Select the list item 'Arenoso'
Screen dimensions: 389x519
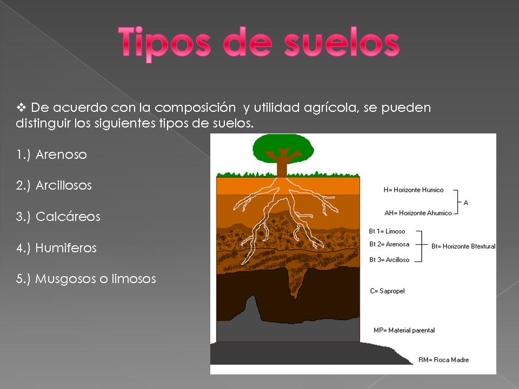[61, 155]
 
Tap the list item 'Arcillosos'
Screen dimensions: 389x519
[64, 186]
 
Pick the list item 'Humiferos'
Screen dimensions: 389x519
[66, 249]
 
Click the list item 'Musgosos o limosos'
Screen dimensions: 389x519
[96, 279]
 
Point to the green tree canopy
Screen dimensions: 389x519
[283, 146]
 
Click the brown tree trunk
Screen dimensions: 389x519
[282, 166]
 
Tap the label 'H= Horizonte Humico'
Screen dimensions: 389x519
[413, 190]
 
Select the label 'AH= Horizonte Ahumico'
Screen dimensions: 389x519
[418, 213]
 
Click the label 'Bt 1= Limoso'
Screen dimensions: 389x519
[387, 231]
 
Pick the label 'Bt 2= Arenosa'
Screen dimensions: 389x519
[389, 244]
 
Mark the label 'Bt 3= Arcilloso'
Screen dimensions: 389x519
[389, 260]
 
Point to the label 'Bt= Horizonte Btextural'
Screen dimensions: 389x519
[463, 246]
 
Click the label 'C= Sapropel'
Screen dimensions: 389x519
[387, 291]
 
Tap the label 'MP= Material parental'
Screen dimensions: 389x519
[404, 330]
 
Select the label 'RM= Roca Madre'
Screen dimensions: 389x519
[443, 360]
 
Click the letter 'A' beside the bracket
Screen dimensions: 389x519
[466, 203]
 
